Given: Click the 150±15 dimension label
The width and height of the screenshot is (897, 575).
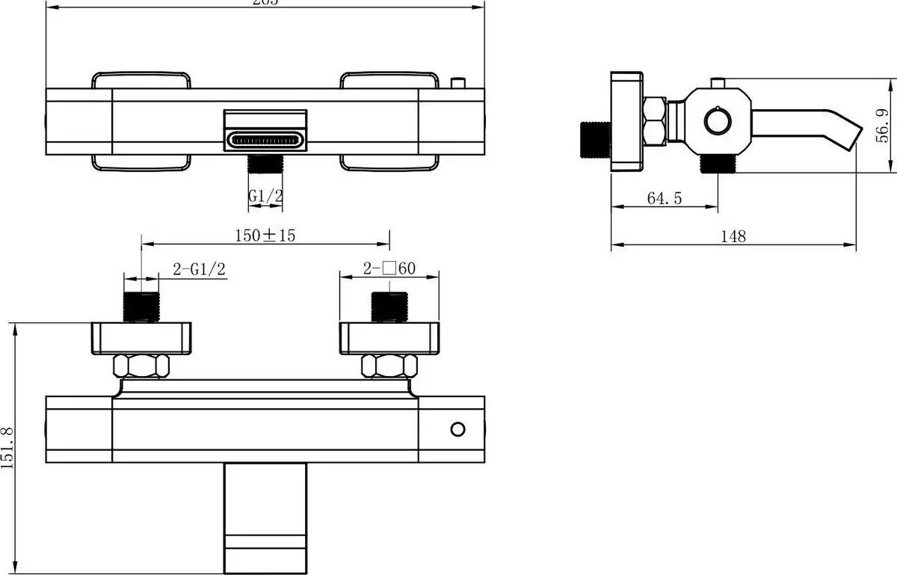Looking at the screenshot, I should point(265,236).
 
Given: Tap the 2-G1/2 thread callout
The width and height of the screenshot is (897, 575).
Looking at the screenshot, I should point(200,270).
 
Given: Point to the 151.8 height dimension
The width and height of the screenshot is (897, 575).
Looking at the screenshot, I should point(8,447).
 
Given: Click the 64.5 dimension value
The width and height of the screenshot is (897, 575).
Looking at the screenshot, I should point(664,199).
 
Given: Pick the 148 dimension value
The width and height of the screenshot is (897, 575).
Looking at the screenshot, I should point(733,236).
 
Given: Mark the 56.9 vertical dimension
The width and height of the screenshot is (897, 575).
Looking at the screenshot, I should point(883,125).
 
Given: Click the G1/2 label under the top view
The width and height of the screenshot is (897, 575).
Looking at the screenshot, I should point(266,196).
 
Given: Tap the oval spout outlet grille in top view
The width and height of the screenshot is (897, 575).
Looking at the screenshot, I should point(266,140).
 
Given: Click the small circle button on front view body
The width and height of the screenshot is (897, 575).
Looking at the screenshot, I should point(457,429).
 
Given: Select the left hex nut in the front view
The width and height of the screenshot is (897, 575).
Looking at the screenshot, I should point(141,366).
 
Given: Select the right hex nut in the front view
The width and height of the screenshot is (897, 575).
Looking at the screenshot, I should point(389,366).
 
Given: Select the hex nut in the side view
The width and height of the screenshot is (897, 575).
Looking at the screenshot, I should point(655,121).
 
